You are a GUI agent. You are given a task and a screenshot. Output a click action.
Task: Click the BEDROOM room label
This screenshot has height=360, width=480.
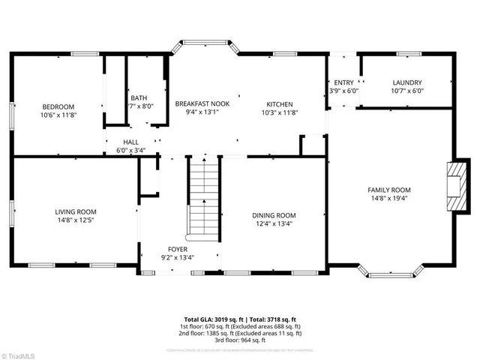(58, 106)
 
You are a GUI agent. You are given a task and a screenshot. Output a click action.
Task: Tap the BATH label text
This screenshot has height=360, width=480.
(139, 97)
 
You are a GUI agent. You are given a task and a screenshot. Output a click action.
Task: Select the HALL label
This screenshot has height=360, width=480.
(130, 142)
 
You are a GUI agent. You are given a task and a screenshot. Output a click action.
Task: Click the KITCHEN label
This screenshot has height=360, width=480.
(280, 103)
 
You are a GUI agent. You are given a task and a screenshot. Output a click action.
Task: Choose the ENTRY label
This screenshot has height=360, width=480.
(343, 82)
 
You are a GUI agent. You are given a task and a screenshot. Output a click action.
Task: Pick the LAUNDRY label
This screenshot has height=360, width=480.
(407, 82)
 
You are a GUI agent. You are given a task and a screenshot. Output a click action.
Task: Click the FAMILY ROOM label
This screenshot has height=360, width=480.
(388, 190)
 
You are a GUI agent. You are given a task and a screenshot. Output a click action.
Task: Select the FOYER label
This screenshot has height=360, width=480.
(178, 249)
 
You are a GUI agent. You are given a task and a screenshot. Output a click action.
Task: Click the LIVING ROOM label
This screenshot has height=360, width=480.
(75, 211)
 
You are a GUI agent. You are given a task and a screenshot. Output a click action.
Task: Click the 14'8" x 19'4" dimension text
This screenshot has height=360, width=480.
(388, 199)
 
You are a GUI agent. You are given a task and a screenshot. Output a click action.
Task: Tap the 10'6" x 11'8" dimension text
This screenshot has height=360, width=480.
(58, 115)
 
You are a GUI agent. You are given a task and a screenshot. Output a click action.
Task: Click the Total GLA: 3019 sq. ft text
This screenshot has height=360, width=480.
(212, 319)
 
